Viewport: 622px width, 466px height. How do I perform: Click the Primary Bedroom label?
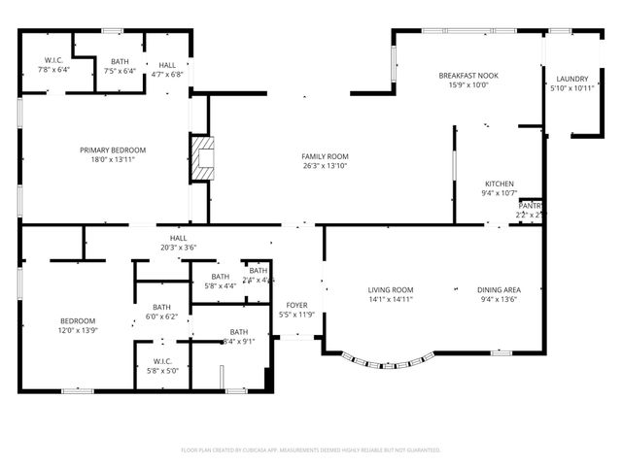pos(113,150)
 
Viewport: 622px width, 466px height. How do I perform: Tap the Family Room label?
pos(325,156)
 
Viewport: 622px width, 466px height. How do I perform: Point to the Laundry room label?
pos(571,79)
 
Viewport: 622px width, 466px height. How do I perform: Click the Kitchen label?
pos(500,183)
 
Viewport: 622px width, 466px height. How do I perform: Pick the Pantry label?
pos(530,206)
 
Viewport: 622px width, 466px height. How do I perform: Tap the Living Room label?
pos(391,289)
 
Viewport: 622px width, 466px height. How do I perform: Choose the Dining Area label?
pos(500,289)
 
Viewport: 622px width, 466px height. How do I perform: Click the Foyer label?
pos(296,305)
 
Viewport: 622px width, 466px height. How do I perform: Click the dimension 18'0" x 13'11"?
pos(113,159)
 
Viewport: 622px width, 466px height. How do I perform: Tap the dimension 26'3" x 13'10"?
pos(325,166)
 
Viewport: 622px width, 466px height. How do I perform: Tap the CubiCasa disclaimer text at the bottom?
pos(311,449)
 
